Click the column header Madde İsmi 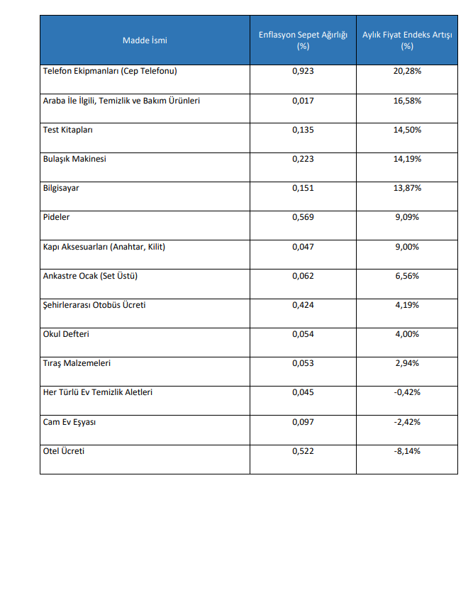click(x=145, y=40)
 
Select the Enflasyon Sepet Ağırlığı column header click(x=303, y=40)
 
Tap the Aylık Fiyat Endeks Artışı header click(x=407, y=40)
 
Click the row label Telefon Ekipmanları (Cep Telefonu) click(x=110, y=72)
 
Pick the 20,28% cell click(x=407, y=72)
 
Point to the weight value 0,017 click(x=303, y=101)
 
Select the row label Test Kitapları click(x=68, y=130)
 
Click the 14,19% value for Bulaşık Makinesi click(x=407, y=159)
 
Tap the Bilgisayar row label click(x=61, y=188)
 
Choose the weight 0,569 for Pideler click(x=303, y=217)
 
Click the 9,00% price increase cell click(x=407, y=247)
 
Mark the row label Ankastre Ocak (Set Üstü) click(x=96, y=276)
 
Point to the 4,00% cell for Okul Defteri click(x=407, y=334)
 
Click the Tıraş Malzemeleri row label click(x=77, y=363)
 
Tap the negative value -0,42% click(x=407, y=392)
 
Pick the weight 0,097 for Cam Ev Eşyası click(x=303, y=421)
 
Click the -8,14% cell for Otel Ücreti click(x=407, y=450)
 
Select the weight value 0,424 click(x=303, y=305)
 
